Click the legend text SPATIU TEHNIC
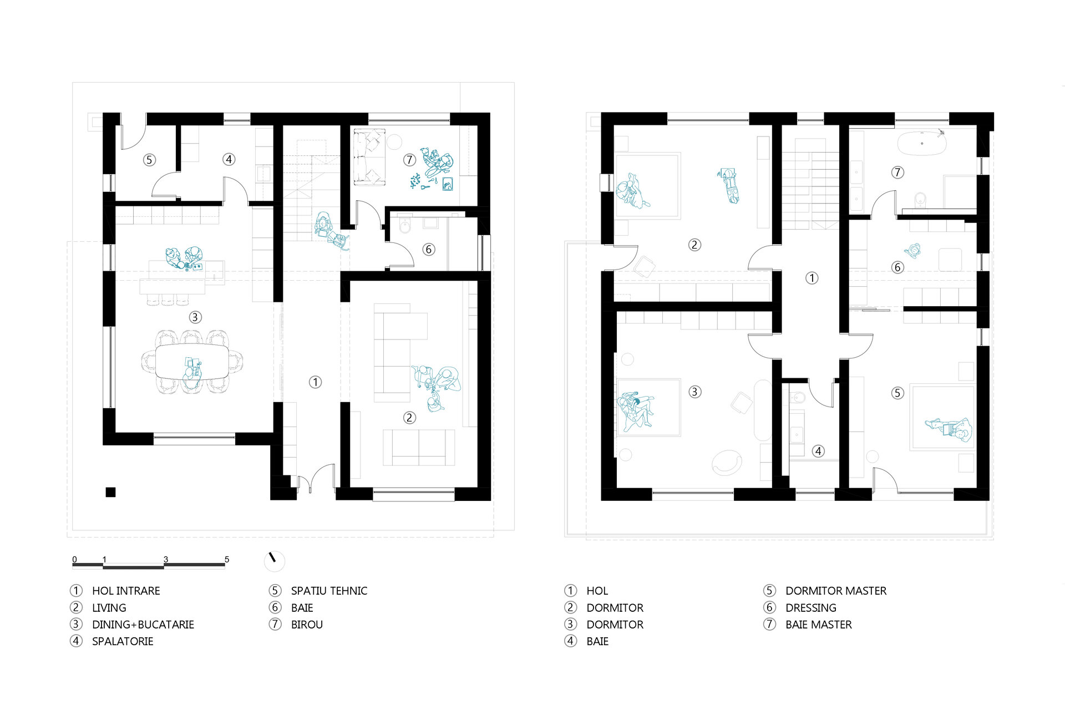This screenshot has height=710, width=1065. tap(329, 591)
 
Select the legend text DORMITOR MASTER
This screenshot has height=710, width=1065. tap(836, 591)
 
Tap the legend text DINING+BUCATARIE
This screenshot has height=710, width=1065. tap(143, 625)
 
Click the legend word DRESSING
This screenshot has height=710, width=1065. tap(811, 608)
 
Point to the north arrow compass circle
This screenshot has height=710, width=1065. tap(275, 561)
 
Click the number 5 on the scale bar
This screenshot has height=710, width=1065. tap(227, 559)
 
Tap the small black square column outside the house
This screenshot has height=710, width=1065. tap(110, 492)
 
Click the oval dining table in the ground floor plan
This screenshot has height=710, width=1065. tap(192, 362)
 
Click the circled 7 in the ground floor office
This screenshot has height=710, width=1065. tap(409, 160)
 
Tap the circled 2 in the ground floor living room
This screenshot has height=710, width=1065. tap(409, 418)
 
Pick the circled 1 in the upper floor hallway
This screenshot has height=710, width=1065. tap(812, 278)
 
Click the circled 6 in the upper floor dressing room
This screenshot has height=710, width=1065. tap(897, 267)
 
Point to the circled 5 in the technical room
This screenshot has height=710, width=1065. tap(149, 160)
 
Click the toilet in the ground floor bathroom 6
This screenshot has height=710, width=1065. tap(405, 226)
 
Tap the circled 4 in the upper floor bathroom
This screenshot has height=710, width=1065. tap(818, 451)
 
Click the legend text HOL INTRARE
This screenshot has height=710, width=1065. tap(126, 591)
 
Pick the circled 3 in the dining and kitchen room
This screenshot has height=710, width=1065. tap(195, 317)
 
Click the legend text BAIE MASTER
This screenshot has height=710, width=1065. tap(819, 625)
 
